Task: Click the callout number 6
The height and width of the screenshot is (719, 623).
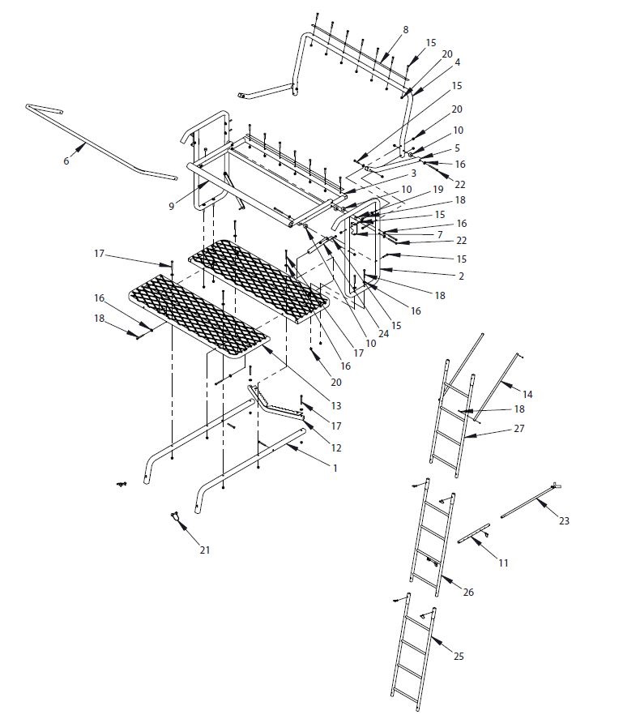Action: [66, 161]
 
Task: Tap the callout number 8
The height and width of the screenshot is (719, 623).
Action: [405, 30]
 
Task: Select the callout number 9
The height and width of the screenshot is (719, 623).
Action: [172, 207]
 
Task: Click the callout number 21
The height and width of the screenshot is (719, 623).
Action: [205, 550]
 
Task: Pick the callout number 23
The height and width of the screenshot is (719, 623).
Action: [564, 520]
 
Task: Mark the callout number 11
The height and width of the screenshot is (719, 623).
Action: [503, 563]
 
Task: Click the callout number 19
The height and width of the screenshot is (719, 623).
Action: [438, 188]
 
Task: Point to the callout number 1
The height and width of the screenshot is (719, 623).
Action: [335, 468]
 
